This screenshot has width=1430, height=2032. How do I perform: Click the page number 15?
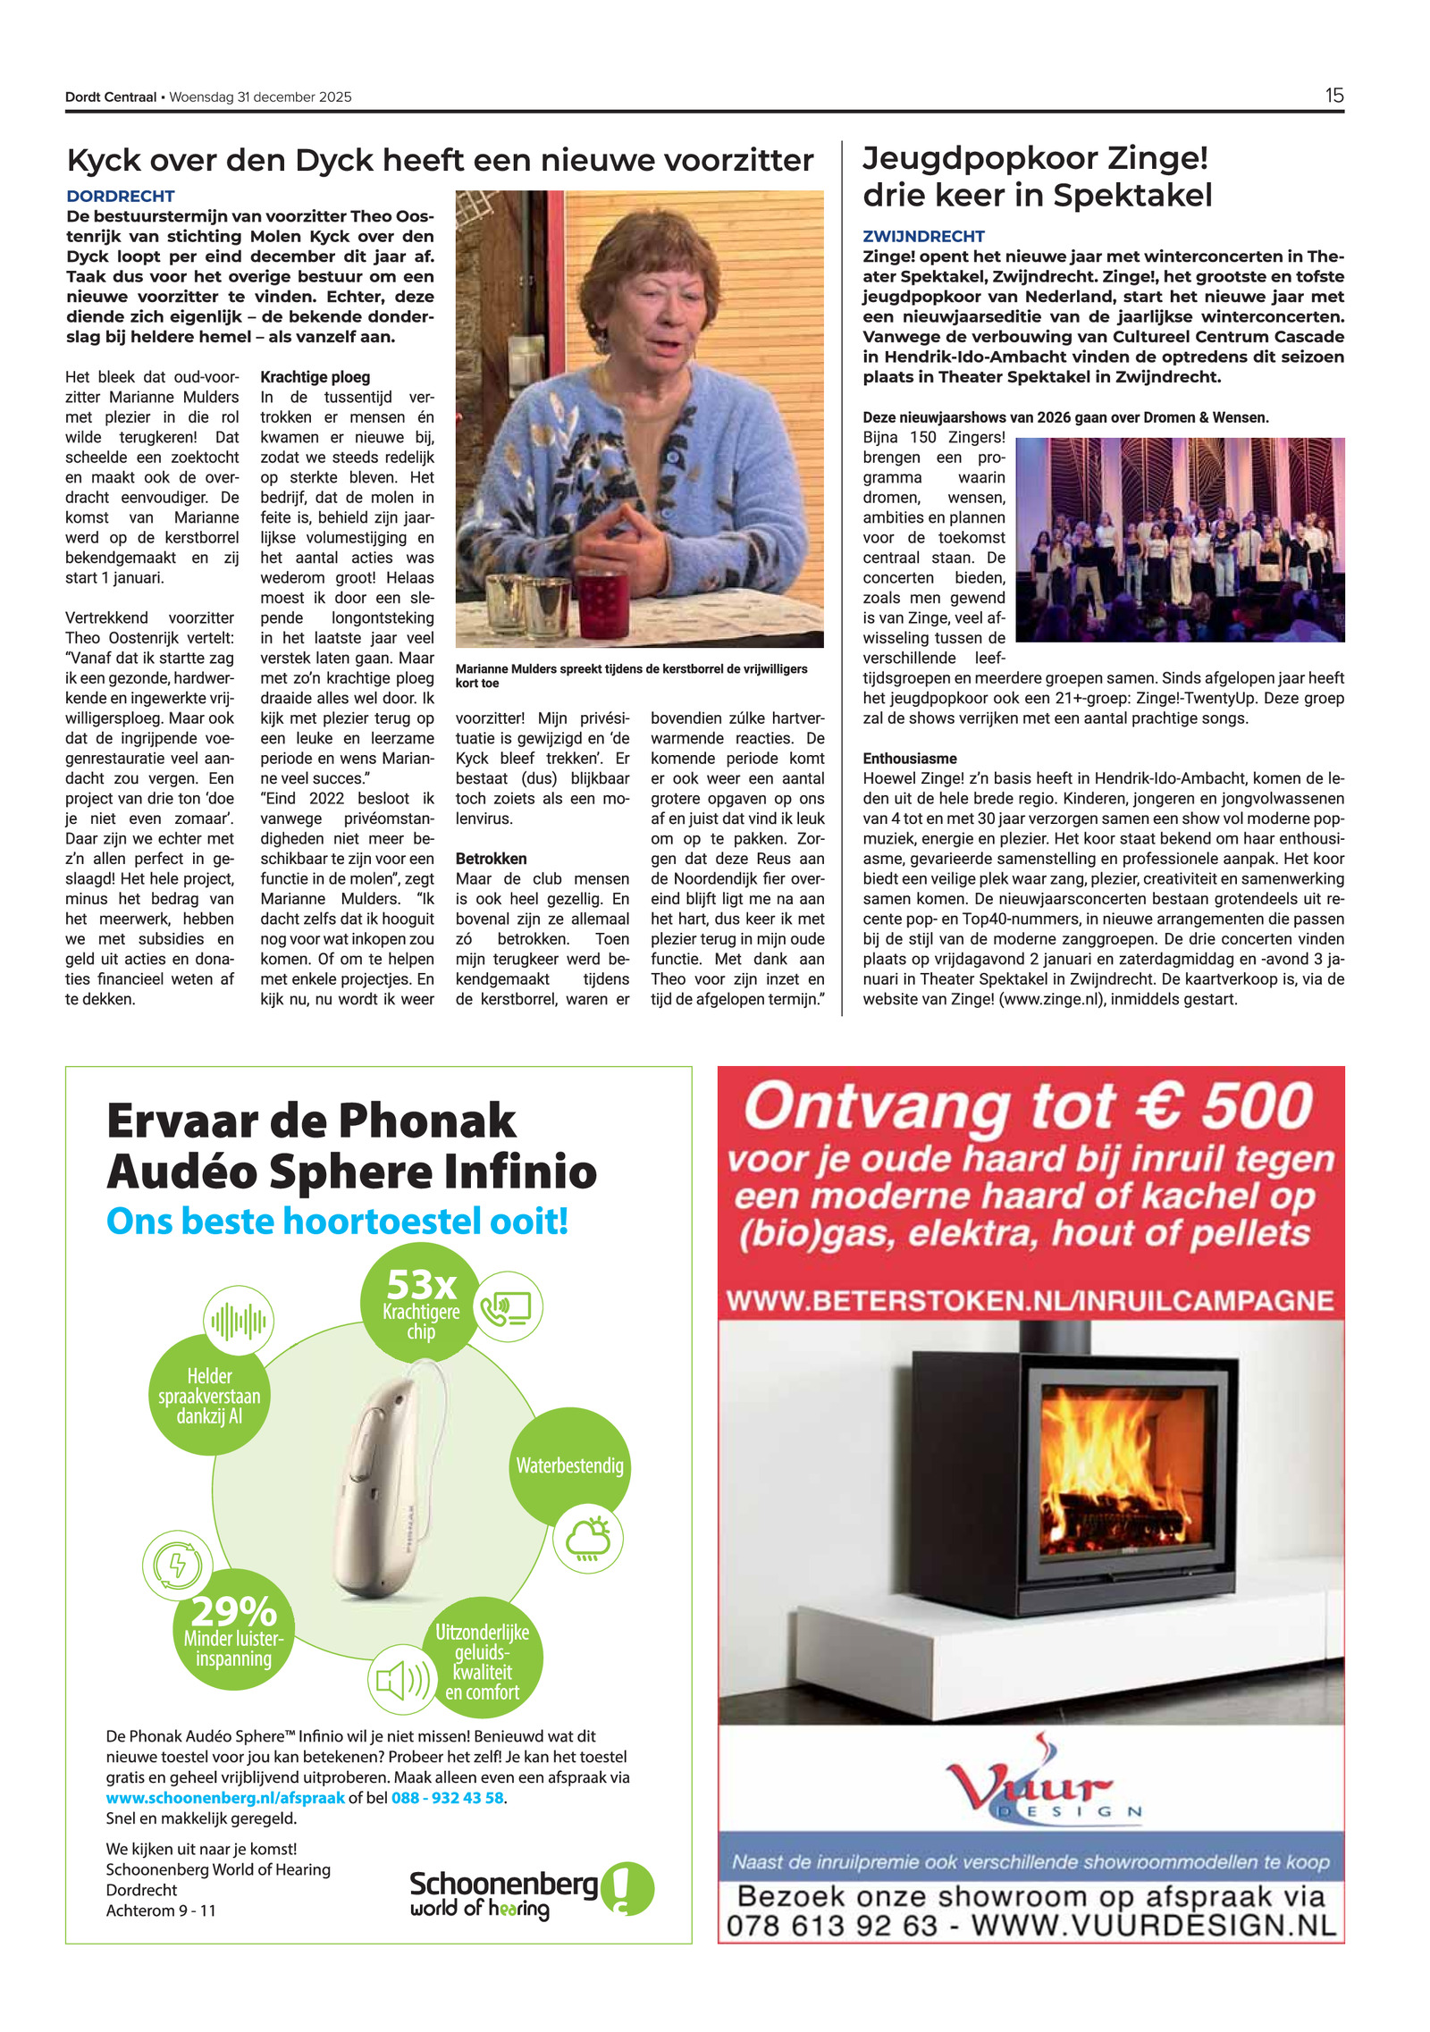1333,96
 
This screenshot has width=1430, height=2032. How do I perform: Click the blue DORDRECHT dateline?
121,196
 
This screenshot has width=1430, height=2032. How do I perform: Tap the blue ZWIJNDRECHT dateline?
923,236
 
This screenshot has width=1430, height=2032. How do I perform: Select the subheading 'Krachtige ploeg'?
315,377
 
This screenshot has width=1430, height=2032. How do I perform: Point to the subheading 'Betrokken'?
491,859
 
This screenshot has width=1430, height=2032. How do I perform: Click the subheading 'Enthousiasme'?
909,759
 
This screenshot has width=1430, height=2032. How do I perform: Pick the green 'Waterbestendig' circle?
569,1466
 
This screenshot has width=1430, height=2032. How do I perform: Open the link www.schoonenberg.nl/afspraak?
225,1798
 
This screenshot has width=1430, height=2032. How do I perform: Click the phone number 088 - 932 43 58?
447,1798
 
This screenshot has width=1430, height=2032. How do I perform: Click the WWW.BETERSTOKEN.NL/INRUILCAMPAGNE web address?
1030,1300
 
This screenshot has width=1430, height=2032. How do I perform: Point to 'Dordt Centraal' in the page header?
111,97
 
